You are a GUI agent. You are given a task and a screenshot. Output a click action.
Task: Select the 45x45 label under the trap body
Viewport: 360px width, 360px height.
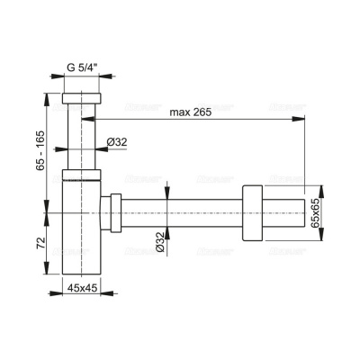(x=83, y=290)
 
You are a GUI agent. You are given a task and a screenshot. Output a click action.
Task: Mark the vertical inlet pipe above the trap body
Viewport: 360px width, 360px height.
(x=83, y=135)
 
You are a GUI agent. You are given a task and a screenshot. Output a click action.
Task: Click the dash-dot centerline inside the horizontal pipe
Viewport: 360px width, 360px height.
(x=189, y=212)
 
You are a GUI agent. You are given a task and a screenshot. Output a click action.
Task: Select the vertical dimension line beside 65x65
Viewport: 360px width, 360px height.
(x=305, y=212)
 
